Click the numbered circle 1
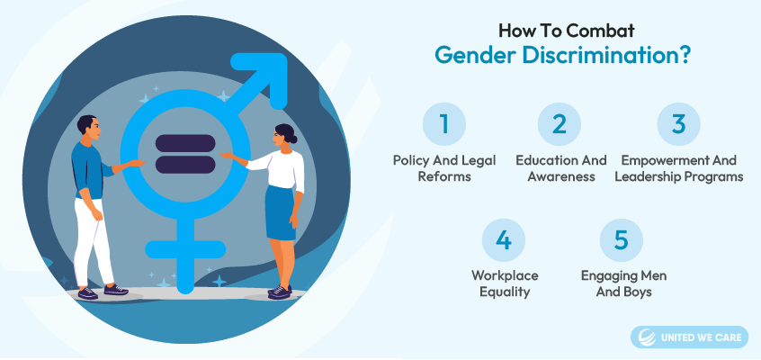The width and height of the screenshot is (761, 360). (x=443, y=123)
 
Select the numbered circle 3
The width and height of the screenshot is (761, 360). (x=678, y=123)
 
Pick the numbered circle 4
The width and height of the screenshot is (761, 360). (x=504, y=239)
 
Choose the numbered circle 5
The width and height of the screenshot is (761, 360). (x=621, y=239)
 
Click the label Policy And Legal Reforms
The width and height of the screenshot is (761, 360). (x=443, y=168)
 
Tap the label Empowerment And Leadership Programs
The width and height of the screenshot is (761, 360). (x=678, y=168)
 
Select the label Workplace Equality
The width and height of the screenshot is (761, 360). (x=504, y=283)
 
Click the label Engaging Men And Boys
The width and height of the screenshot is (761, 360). (x=621, y=283)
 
